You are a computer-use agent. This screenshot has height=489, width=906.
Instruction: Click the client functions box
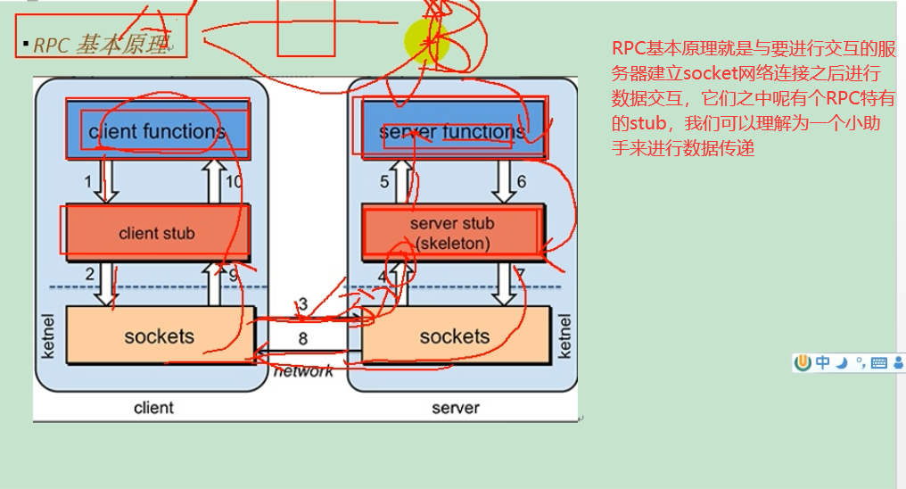pyautogui.click(x=156, y=132)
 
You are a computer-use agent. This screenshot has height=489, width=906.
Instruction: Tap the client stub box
pyautogui.click(x=156, y=233)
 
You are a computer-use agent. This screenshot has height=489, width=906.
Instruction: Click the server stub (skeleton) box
pyautogui.click(x=451, y=232)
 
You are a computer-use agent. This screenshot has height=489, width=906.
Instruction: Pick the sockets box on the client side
pyautogui.click(x=159, y=336)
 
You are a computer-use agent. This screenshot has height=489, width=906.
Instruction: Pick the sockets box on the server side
pyautogui.click(x=454, y=336)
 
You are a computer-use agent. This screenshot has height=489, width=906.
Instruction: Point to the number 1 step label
pyautogui.click(x=88, y=182)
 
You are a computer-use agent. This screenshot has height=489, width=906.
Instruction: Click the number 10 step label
pyautogui.click(x=233, y=182)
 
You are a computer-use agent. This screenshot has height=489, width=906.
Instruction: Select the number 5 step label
pyautogui.click(x=384, y=182)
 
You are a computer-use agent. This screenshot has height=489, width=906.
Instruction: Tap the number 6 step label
pyautogui.click(x=521, y=182)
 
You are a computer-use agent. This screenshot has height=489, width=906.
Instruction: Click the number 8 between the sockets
pyautogui.click(x=303, y=338)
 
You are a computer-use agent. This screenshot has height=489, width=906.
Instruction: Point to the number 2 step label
pyautogui.click(x=89, y=274)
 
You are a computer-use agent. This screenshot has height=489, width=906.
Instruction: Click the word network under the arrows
pyautogui.click(x=303, y=371)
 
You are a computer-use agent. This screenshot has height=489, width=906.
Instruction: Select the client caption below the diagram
pyautogui.click(x=153, y=408)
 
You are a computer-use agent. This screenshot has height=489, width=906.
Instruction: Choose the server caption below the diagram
pyautogui.click(x=455, y=408)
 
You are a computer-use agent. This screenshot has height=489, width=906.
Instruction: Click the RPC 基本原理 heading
pyautogui.click(x=100, y=44)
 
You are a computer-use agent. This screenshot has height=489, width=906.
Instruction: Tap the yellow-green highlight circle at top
pyautogui.click(x=426, y=40)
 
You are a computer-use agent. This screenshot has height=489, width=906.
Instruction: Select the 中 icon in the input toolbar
pyautogui.click(x=821, y=362)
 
